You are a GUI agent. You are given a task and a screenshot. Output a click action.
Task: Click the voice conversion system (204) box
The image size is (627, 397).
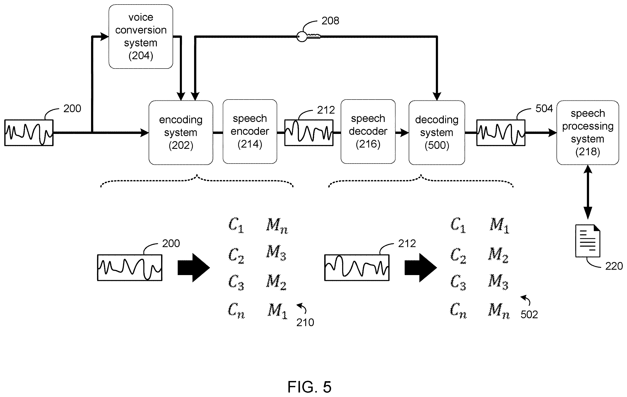click(x=141, y=36)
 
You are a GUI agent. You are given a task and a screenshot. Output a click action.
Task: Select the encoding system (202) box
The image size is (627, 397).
click(x=181, y=132)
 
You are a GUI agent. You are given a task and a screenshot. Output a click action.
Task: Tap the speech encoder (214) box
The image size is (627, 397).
click(x=250, y=131)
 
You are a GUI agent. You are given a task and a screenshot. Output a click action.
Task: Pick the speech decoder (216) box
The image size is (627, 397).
click(x=368, y=131)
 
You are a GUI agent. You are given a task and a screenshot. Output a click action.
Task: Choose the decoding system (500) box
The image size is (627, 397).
click(x=437, y=132)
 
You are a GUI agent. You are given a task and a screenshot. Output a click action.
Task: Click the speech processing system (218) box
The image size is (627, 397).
click(x=588, y=132)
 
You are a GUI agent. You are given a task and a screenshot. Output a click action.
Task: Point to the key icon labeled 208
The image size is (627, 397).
click(x=308, y=36)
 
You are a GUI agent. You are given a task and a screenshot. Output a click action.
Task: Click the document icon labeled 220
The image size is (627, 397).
click(x=588, y=241)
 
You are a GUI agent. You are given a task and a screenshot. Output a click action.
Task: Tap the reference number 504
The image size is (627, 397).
click(x=544, y=108)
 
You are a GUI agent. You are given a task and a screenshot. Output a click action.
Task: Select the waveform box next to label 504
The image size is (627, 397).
click(x=501, y=133)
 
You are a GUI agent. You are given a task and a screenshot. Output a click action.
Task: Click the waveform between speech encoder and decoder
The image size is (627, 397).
click(x=309, y=133)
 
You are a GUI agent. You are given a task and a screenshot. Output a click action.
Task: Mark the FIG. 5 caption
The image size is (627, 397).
click(x=309, y=387)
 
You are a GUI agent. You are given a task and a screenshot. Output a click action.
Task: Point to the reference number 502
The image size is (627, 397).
click(x=529, y=314)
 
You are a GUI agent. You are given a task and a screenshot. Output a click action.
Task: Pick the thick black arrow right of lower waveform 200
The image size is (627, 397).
click(x=194, y=268)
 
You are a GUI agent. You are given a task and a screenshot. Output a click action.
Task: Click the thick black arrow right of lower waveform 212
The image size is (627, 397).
click(x=420, y=268)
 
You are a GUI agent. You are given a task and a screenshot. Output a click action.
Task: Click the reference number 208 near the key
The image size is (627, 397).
click(x=330, y=21)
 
